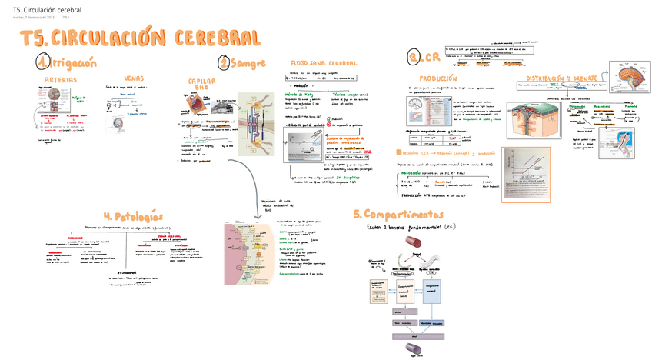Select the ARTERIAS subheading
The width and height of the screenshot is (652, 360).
59,79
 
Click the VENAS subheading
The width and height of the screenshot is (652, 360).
133,78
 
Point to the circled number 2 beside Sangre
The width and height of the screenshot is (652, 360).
224,63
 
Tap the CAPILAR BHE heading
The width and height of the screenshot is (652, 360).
201,84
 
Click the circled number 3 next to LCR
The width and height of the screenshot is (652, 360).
414,58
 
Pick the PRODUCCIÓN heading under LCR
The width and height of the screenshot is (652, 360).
437,78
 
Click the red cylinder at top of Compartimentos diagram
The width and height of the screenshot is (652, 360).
411,245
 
